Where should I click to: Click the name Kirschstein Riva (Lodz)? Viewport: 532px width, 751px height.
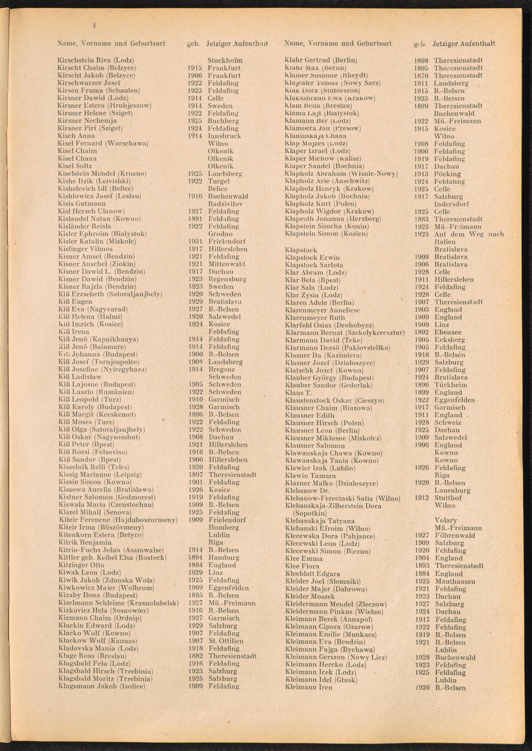pyautogui.click(x=96, y=60)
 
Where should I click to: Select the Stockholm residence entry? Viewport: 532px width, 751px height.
pyautogui.click(x=225, y=60)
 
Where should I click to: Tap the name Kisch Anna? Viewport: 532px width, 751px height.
pyautogui.click(x=76, y=136)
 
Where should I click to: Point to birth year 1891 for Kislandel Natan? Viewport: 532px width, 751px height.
pyautogui.click(x=195, y=219)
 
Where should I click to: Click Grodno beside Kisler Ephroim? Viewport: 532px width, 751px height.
pyautogui.click(x=221, y=234)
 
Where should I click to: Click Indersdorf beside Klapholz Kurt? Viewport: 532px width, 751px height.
pyautogui.click(x=451, y=204)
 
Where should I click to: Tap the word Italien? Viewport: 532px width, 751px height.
pyautogui.click(x=445, y=241)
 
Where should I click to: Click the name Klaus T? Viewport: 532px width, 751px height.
pyautogui.click(x=298, y=392)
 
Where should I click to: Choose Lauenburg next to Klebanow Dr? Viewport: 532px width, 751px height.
pyautogui.click(x=452, y=490)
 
